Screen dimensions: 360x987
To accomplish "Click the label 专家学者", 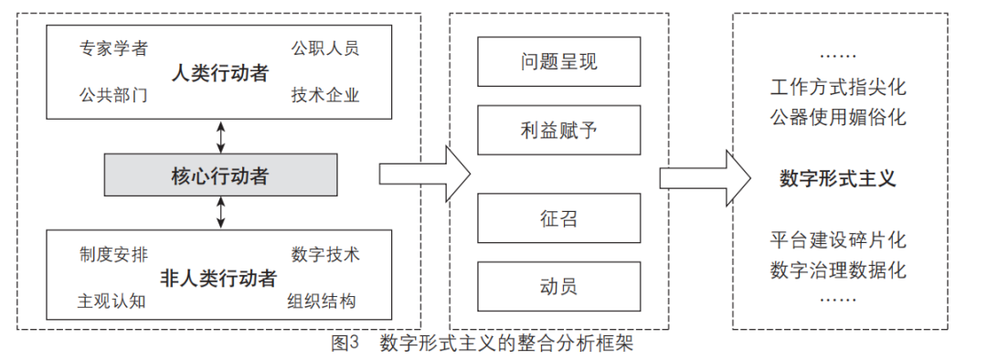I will point(113,48).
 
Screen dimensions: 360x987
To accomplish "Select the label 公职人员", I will point(324,48).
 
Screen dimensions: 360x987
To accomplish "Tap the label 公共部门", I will point(113,95).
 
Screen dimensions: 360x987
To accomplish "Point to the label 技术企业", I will point(324,95).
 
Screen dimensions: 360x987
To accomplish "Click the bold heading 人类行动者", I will point(219,73).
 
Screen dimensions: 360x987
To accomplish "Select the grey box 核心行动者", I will point(219,175).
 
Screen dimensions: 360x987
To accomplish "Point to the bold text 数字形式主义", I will point(837,178).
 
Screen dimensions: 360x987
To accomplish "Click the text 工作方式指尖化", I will point(837,90).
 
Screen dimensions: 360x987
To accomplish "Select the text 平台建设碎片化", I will point(837,241).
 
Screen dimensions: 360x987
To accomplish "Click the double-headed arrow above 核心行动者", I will point(219,136).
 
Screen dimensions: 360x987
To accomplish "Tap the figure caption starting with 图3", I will point(482,344).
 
